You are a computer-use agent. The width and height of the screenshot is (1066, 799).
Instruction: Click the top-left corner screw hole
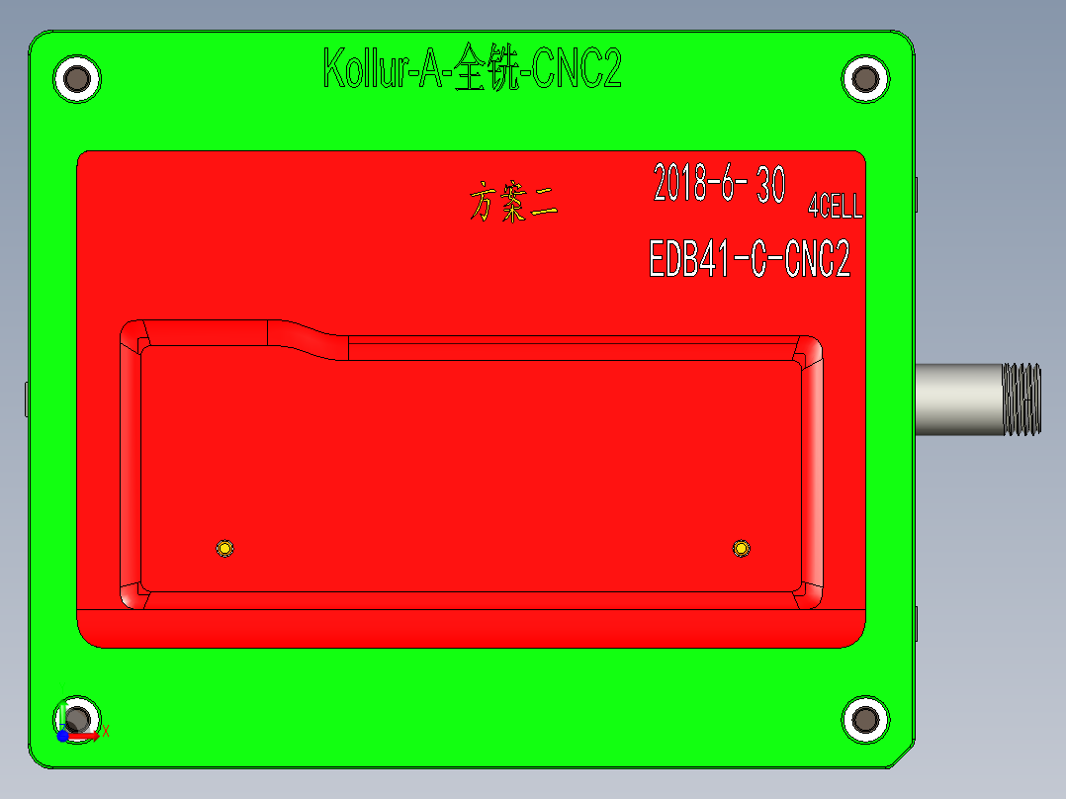pos(76,79)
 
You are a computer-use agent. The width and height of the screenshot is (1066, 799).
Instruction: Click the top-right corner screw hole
pos(865,79)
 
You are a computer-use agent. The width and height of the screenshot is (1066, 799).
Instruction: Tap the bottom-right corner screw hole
pos(865,719)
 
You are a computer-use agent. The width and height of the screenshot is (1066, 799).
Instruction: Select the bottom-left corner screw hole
pos(78,719)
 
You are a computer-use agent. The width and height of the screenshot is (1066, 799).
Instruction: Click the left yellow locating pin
pos(225,548)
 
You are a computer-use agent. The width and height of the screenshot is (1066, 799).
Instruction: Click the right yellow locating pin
pos(741,548)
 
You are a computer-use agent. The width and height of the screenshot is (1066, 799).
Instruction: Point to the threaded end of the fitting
pos(1022,399)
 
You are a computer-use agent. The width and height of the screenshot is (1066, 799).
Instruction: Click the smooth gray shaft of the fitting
pos(957,399)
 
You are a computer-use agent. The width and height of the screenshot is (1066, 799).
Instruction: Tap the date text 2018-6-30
pos(719,184)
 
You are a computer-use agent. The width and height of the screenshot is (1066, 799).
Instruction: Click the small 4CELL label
pos(835,207)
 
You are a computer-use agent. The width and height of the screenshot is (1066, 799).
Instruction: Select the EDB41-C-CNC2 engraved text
pos(749,260)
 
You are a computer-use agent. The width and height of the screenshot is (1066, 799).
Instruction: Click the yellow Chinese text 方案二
pos(513,202)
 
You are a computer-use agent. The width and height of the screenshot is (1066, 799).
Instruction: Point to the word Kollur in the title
pos(361,70)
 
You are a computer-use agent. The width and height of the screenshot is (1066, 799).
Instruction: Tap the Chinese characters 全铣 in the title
pos(486,70)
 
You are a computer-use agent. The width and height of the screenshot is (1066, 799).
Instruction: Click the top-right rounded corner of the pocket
pos(809,348)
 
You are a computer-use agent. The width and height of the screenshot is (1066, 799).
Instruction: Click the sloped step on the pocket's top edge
pos(308,336)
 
